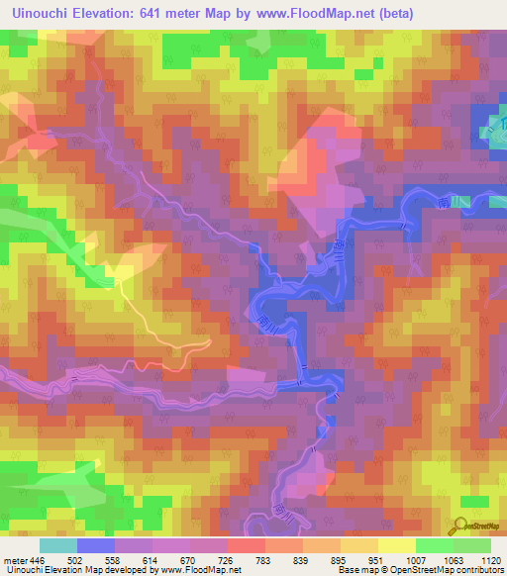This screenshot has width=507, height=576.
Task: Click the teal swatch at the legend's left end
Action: (x=57, y=545)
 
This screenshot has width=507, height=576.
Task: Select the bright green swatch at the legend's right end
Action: (x=472, y=545)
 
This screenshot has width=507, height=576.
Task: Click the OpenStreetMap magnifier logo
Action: (x=460, y=525)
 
